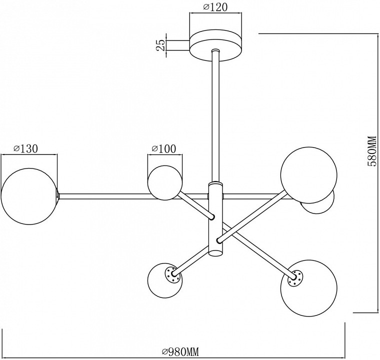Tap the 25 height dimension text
(x=161, y=45)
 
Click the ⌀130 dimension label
(x=26, y=148)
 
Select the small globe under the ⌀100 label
(x=164, y=182)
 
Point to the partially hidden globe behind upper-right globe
(x=320, y=204)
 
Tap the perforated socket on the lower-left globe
(x=172, y=274)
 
